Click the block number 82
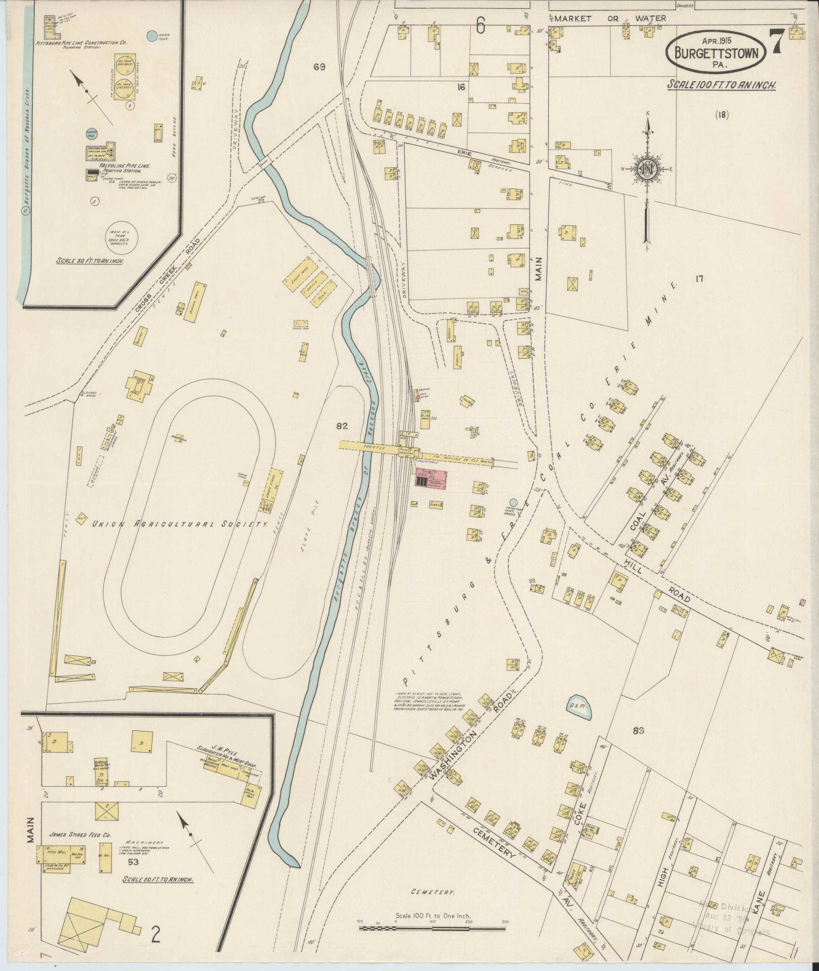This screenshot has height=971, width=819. (342, 426)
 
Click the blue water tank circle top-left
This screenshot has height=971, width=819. (151, 36)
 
